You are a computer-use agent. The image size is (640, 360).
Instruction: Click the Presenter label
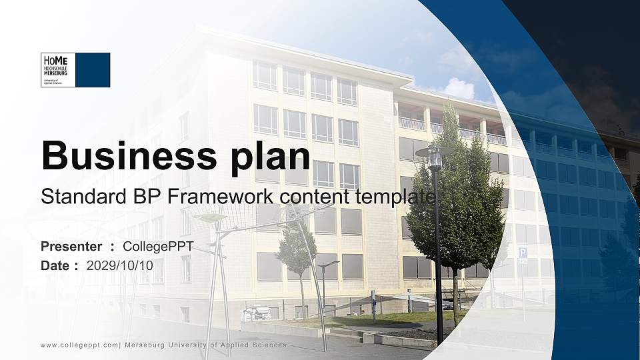click(x=71, y=247)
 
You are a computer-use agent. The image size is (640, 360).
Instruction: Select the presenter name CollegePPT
click(x=158, y=247)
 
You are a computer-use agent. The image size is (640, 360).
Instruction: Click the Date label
click(x=55, y=265)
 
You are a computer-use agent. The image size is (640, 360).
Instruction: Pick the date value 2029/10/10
click(x=120, y=265)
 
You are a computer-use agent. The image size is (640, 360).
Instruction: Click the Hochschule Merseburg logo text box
click(x=58, y=70)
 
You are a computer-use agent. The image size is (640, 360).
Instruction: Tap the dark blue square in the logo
click(x=93, y=70)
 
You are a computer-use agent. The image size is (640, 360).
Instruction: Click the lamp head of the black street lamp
click(x=435, y=157)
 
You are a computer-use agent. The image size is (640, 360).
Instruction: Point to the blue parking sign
click(x=523, y=253)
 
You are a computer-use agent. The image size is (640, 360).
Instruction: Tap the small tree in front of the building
click(x=295, y=250)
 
